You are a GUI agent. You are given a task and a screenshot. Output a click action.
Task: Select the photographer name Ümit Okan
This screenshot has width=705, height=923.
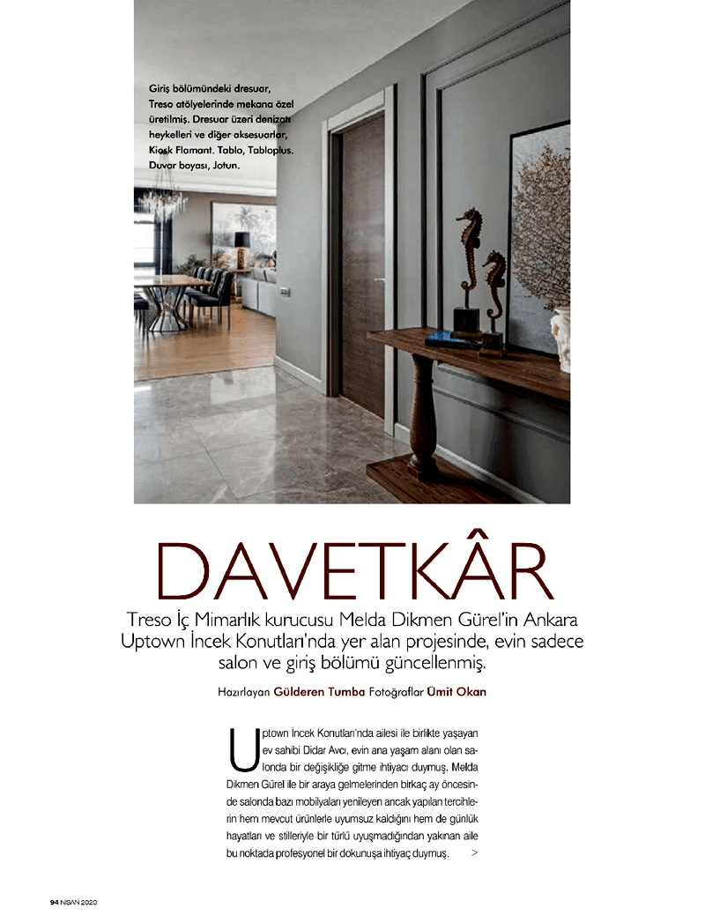point(456,692)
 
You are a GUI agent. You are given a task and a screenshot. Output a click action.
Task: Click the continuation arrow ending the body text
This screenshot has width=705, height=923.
point(476,853)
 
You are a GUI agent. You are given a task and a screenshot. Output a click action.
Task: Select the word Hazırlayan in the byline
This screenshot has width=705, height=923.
point(244,692)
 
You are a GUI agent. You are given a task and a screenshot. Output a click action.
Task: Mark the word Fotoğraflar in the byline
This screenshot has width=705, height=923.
point(393,692)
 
